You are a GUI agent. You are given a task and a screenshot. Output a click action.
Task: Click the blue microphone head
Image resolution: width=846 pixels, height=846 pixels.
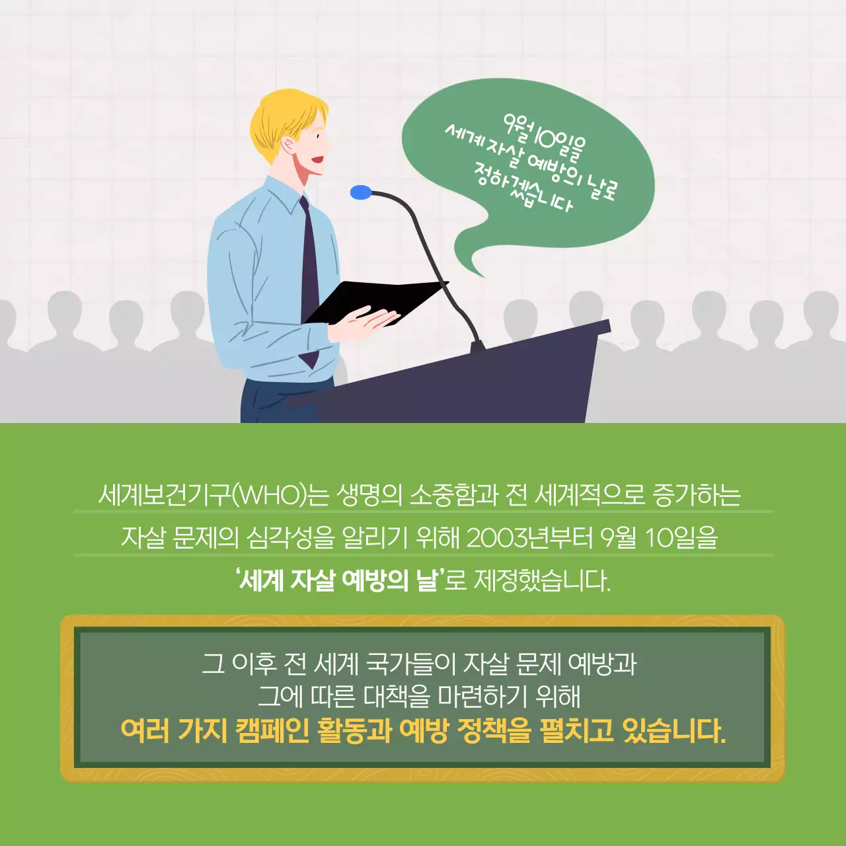(361, 192)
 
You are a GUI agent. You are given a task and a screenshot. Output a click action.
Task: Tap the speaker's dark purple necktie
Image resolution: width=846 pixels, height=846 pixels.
(309, 264)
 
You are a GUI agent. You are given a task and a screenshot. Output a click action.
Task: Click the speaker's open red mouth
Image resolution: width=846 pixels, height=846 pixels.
(319, 159)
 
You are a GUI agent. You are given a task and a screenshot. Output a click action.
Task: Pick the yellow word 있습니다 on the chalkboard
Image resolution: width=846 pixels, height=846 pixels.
(674, 731)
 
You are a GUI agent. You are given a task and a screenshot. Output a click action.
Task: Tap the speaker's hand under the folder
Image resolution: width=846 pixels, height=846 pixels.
(360, 324)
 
